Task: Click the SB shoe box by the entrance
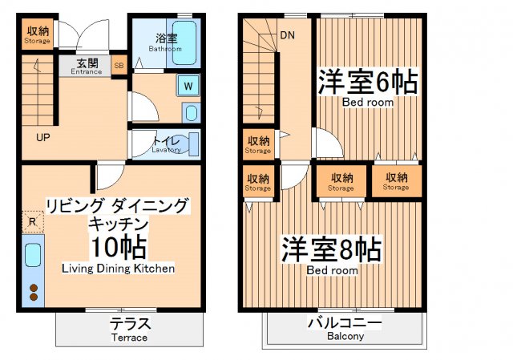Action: click(119, 66)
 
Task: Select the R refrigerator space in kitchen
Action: click(31, 222)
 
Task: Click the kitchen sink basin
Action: click(33, 255)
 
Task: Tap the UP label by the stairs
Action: click(43, 137)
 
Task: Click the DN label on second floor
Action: click(287, 34)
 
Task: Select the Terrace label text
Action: click(129, 330)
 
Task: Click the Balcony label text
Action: click(345, 330)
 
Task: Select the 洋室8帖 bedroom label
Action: click(331, 250)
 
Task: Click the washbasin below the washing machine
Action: click(190, 111)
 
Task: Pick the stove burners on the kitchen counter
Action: click(33, 292)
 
